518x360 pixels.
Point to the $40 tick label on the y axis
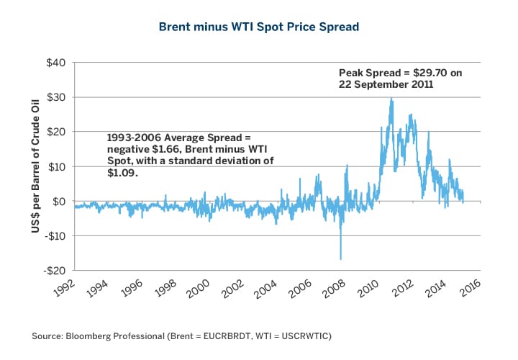point(55,63)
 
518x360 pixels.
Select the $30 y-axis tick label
point(55,97)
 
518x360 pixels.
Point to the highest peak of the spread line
point(391,99)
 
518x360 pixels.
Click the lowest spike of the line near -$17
point(340,258)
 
